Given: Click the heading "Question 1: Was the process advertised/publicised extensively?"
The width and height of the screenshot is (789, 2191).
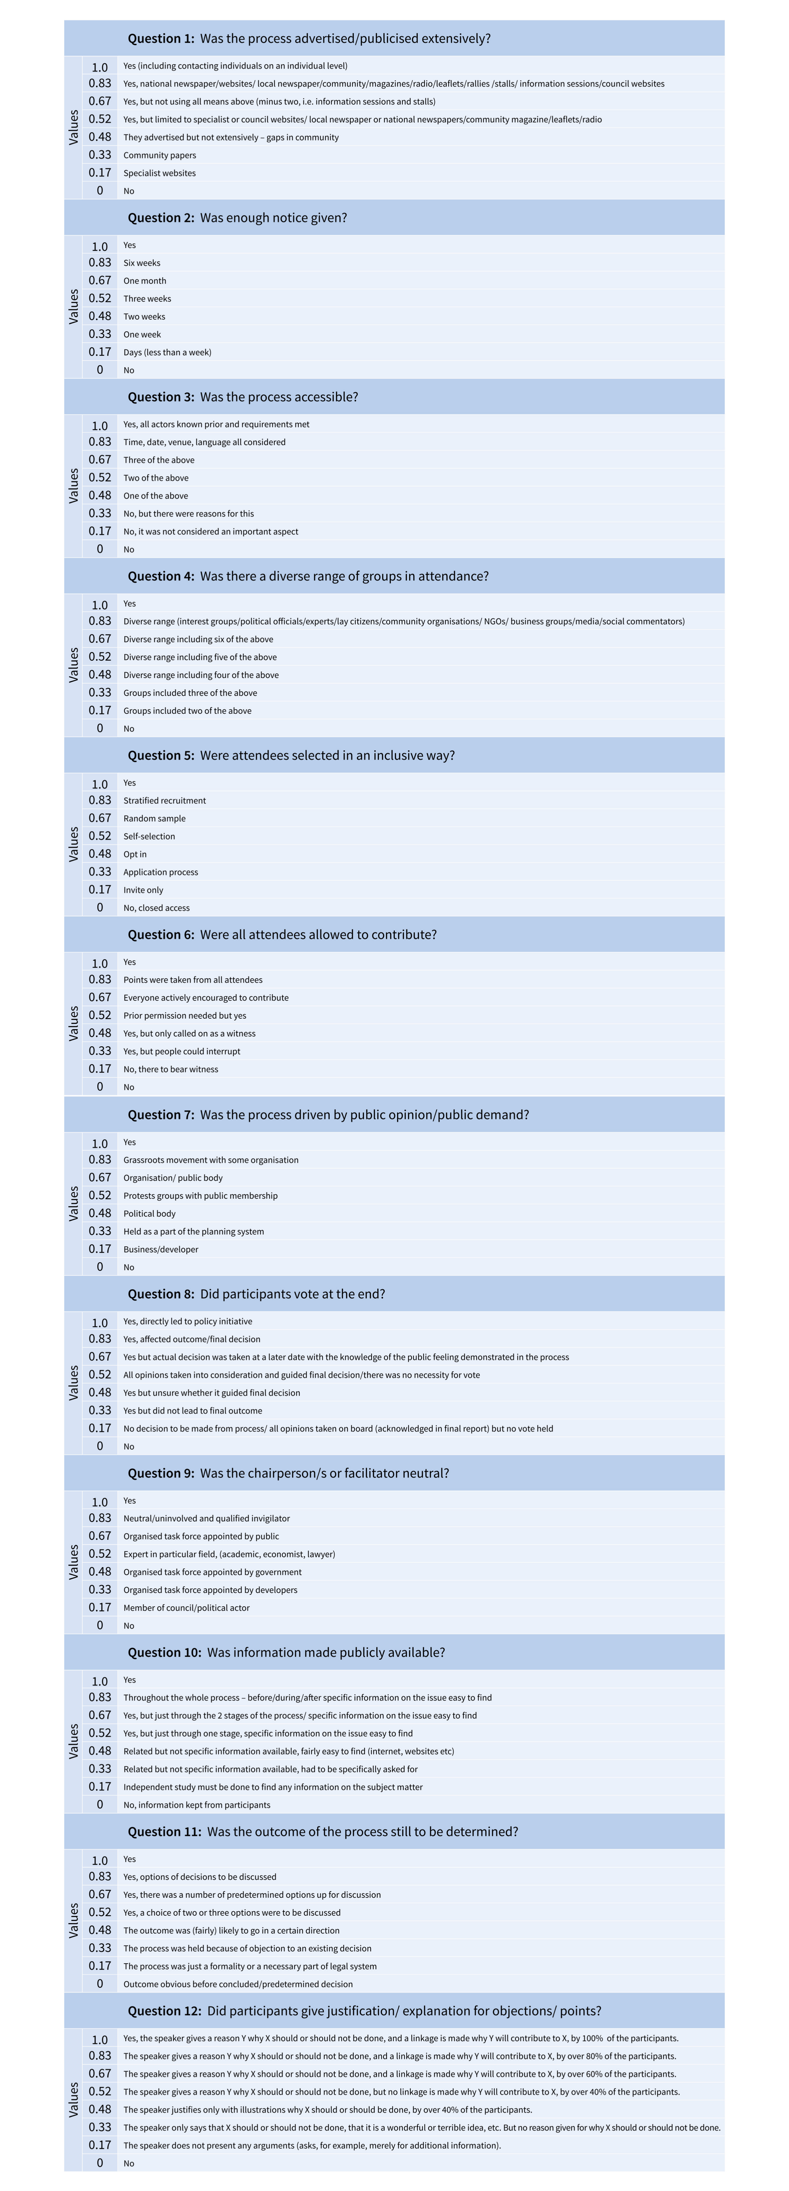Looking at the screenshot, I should point(309,38).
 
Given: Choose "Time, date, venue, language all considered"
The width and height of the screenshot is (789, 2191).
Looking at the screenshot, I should point(204,442).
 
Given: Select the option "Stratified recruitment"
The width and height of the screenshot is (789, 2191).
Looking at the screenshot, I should point(164,800).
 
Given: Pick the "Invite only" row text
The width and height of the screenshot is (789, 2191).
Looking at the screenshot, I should point(143,890).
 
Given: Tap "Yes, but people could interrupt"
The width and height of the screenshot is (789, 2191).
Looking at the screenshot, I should point(181,1051).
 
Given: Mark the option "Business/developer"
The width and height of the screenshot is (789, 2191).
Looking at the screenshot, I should point(161,1250).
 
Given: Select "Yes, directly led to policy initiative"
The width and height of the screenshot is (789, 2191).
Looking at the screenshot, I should point(187,1321).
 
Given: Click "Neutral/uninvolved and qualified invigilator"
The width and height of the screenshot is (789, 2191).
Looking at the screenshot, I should point(206,1518).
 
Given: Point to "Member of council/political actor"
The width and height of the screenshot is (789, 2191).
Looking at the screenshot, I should point(186,1608).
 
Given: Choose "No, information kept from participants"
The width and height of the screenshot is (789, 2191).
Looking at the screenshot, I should point(196,1805).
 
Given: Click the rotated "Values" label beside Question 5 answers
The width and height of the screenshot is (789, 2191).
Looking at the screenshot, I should point(73,845).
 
